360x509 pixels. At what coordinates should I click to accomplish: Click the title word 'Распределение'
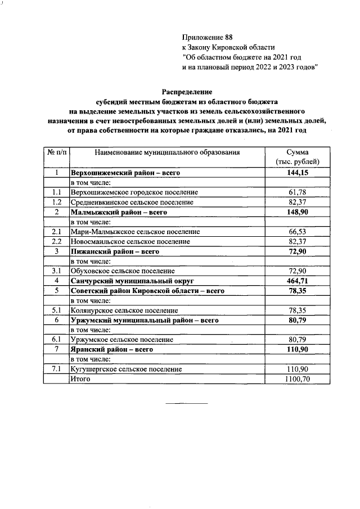pyautogui.click(x=187, y=91)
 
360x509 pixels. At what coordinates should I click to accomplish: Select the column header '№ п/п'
pyautogui.click(x=56, y=152)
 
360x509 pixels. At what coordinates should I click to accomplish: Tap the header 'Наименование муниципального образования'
pyautogui.click(x=167, y=152)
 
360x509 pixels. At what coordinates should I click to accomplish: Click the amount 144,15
pyautogui.click(x=296, y=173)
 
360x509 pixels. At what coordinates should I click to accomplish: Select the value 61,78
pyautogui.click(x=296, y=192)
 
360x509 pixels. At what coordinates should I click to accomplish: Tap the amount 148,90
pyautogui.click(x=296, y=212)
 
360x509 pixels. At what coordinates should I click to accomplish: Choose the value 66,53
pyautogui.click(x=296, y=232)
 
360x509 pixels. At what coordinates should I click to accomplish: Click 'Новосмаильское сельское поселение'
pyautogui.click(x=131, y=241)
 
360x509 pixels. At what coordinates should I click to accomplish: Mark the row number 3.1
pyautogui.click(x=56, y=271)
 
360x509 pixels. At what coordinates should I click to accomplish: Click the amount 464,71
pyautogui.click(x=296, y=281)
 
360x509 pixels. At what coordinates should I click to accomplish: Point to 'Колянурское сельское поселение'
pyautogui.click(x=124, y=310)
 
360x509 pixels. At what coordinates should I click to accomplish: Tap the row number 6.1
pyautogui.click(x=56, y=339)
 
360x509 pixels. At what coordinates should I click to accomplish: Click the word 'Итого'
pyautogui.click(x=80, y=379)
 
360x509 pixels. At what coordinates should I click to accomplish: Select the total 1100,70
pyautogui.click(x=296, y=379)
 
